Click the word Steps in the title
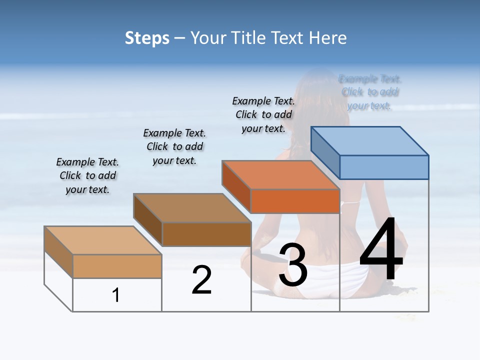pyautogui.click(x=147, y=38)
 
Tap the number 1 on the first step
pyautogui.click(x=116, y=295)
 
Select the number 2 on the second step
pyautogui.click(x=201, y=280)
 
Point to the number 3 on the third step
pyautogui.click(x=293, y=265)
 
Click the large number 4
pyautogui.click(x=381, y=249)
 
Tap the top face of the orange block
pyautogui.click(x=281, y=175)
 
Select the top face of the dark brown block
pyautogui.click(x=192, y=208)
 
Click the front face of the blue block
pyautogui.click(x=384, y=167)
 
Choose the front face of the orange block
pyautogui.click(x=295, y=201)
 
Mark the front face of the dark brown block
pyautogui.click(x=206, y=234)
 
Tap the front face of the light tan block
pyautogui.click(x=117, y=266)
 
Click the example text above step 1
pyautogui.click(x=87, y=175)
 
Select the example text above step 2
pyautogui.click(x=174, y=146)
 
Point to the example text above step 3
pyautogui.click(x=263, y=114)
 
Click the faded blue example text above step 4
pyautogui.click(x=370, y=92)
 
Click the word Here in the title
pyautogui.click(x=328, y=38)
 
